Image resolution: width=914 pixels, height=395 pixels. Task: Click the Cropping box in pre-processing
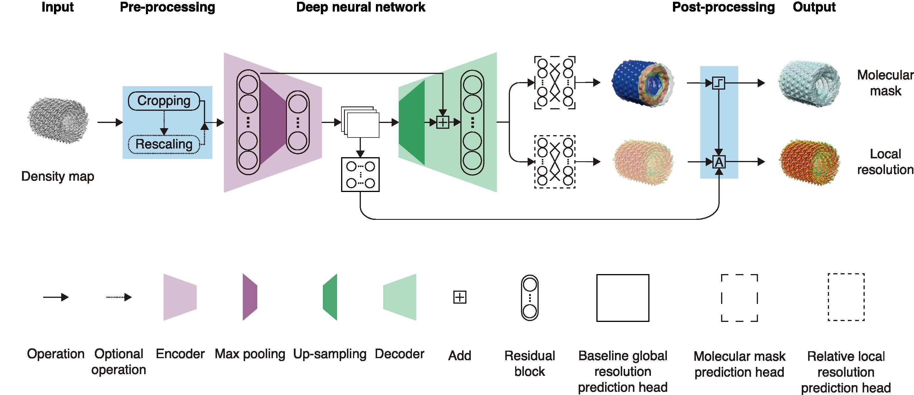164,101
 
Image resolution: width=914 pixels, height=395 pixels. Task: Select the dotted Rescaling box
164,144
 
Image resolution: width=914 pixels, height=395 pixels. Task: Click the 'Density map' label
58,176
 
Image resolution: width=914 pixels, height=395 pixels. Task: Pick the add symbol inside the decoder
442,122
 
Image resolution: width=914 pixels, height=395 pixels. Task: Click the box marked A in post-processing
719,162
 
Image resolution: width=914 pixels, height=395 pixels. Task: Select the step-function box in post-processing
719,83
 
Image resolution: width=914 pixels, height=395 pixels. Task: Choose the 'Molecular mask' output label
885,83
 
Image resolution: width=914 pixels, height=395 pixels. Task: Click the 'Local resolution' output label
885,162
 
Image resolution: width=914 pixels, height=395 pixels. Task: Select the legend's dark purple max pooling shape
250,297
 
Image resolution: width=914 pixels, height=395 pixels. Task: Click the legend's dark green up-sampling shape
330,297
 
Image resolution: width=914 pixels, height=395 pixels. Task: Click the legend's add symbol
460,297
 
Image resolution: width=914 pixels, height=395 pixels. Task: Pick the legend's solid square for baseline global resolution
623,298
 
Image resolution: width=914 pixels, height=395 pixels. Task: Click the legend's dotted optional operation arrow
119,297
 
